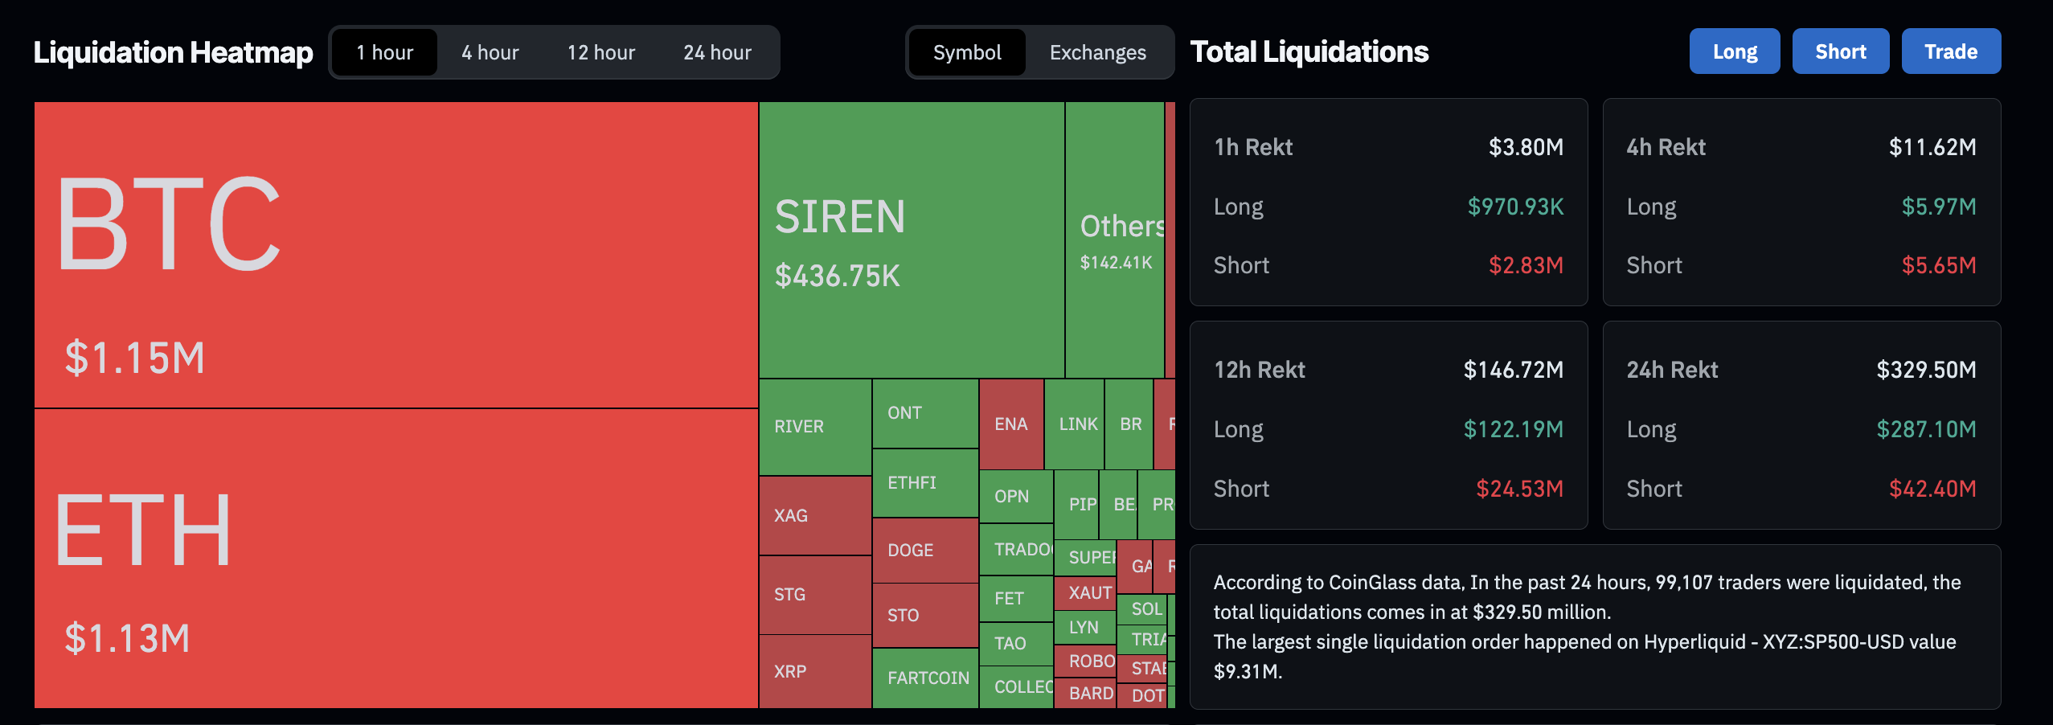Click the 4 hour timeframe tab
490,53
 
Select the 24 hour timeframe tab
717,53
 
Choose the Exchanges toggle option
1097,53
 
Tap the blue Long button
1734,51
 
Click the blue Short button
1840,51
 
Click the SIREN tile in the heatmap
912,240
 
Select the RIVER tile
814,427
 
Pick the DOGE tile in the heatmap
924,551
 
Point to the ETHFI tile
924,483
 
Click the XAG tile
814,515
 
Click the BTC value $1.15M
135,358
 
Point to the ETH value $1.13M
127,638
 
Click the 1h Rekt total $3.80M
1525,147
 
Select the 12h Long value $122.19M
1513,429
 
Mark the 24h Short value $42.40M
1932,489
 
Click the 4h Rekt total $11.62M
1932,147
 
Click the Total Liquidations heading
1309,52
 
